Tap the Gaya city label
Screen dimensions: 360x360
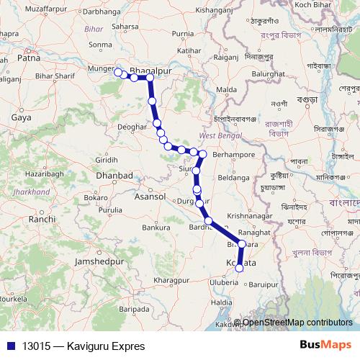click(21, 116)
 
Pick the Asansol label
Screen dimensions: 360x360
click(150, 196)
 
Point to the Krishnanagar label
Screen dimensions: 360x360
click(250, 216)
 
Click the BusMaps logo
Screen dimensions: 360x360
click(325, 346)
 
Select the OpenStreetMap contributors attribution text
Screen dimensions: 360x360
click(297, 322)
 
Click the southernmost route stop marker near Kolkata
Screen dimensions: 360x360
click(239, 269)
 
